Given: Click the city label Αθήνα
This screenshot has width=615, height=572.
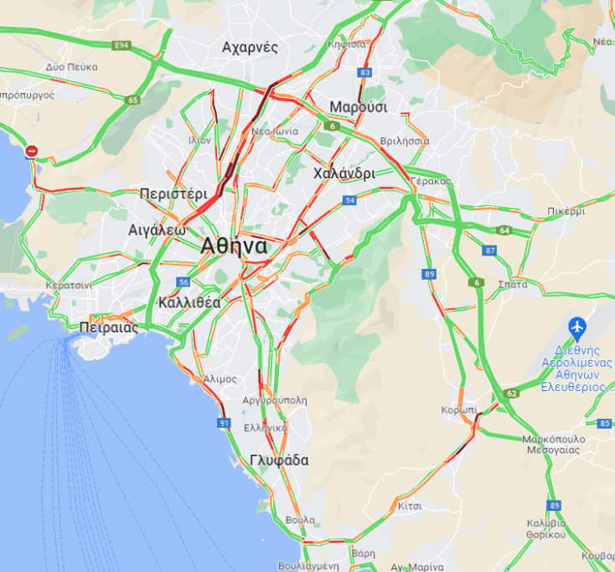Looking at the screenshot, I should click(234, 246).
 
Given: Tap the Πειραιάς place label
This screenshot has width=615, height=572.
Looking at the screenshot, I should click(108, 327).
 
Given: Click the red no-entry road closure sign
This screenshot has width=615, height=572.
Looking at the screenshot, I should click(32, 152).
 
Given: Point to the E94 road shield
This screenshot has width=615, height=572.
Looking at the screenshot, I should click(122, 44).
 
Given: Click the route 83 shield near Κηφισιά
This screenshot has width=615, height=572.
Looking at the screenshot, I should click(364, 73).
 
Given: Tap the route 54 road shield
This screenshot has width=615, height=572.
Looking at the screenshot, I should click(349, 201).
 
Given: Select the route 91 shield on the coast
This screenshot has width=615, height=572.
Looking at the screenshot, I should click(224, 424).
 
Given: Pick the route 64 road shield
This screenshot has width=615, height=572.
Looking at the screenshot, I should click(504, 230).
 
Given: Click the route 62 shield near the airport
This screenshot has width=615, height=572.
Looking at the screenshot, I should click(512, 392).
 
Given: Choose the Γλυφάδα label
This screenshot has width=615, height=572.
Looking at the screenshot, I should click(279, 460).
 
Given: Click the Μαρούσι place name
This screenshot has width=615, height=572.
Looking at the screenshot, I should click(358, 107).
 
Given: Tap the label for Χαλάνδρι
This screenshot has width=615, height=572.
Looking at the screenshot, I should click(344, 173).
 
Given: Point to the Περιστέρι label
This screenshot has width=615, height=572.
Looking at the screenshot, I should click(173, 193).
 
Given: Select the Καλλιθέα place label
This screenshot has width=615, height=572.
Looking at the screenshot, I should click(189, 302).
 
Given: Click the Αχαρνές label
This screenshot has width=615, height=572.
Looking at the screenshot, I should click(250, 47).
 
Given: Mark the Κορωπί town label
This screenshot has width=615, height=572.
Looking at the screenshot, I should click(458, 410).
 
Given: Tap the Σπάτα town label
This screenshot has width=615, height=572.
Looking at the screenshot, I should click(512, 284).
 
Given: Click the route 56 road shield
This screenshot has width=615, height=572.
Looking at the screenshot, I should click(183, 283).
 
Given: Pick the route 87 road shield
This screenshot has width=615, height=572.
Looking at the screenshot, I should click(490, 250).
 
